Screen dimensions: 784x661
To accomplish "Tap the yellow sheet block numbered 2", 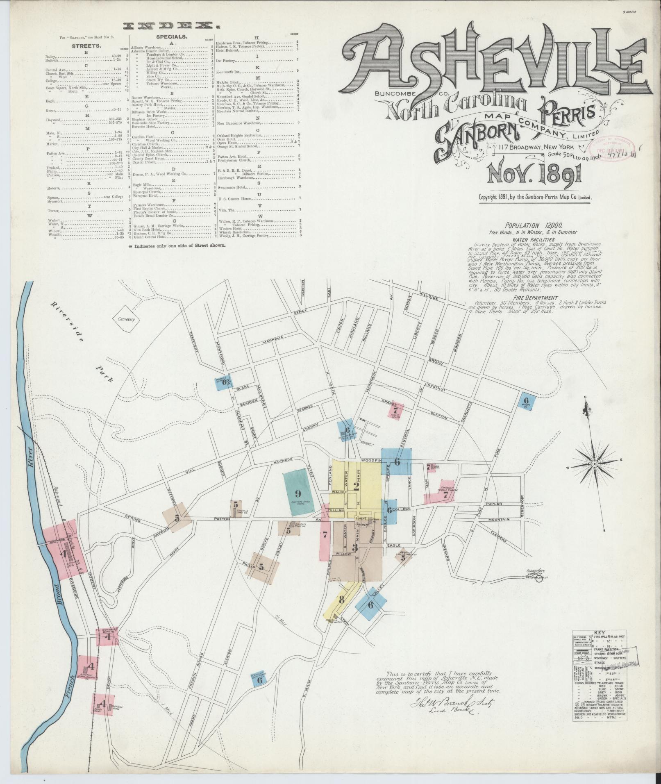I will click(356, 486).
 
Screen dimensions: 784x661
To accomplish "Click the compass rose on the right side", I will click(594, 464).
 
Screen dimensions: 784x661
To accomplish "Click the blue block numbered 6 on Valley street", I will click(371, 604).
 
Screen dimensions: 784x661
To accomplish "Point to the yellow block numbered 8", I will click(341, 600).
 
